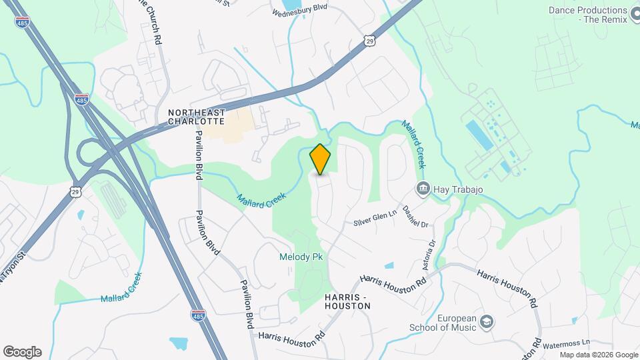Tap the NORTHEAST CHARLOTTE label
coord(197,117)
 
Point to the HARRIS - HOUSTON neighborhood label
coord(347,301)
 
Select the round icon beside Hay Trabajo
coord(422,189)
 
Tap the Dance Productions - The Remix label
coord(588,15)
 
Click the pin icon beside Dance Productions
coord(637,11)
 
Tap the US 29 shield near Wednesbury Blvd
coord(370,41)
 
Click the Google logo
coord(22,352)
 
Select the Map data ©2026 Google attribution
coord(599,355)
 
